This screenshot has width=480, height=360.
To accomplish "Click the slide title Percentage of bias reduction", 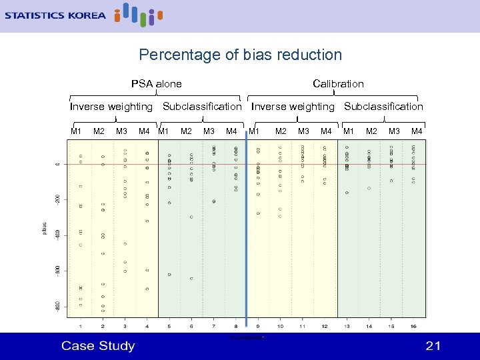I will [x=240, y=55].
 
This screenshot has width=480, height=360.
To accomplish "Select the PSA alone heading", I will [x=156, y=83].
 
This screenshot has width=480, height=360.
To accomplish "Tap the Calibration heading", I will [x=338, y=83].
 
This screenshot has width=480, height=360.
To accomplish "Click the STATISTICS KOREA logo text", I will [x=55, y=15].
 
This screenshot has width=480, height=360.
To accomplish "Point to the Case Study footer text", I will [x=98, y=345].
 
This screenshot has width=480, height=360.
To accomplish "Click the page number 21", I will [x=433, y=345].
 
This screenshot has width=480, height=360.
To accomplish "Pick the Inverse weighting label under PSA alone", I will [x=111, y=106].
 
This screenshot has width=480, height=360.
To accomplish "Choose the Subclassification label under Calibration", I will [x=383, y=106].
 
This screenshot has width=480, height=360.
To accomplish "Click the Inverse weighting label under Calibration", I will [x=293, y=106].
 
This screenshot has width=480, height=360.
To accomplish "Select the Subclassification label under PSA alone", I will [x=202, y=106].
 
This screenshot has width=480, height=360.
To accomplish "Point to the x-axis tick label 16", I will [x=414, y=326].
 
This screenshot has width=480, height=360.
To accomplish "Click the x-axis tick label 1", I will [x=81, y=326].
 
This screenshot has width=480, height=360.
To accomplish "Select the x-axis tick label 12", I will [x=325, y=326].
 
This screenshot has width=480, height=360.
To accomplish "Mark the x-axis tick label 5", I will [x=169, y=326].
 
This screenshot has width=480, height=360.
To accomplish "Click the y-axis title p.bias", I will [x=44, y=228].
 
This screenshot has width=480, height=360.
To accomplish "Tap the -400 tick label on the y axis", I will [x=58, y=235].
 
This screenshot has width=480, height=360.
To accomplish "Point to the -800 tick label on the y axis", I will [x=58, y=306].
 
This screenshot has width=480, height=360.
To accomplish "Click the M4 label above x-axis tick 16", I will [x=417, y=131].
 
